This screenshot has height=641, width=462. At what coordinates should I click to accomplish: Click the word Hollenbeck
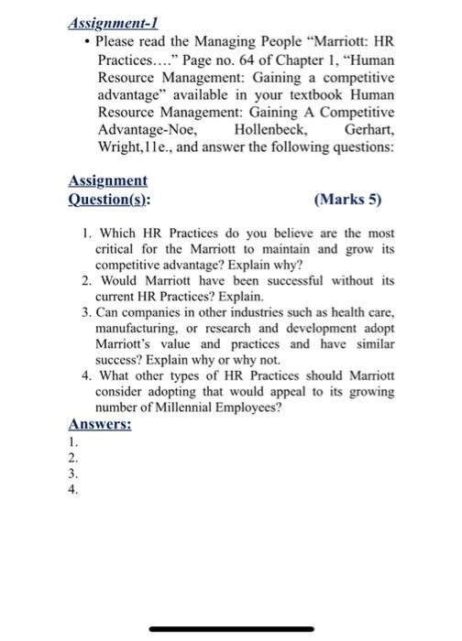[x=270, y=129]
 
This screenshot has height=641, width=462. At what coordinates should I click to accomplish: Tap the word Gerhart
[x=368, y=129]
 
